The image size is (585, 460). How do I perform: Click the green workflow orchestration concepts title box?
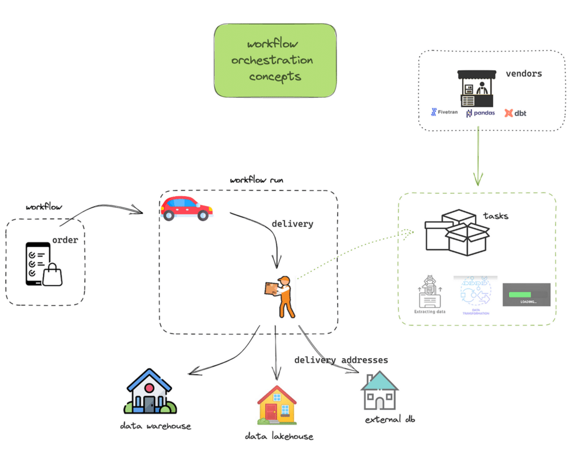tap(275, 60)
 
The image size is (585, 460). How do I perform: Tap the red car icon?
tap(186, 208)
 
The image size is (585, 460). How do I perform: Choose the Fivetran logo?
tap(444, 112)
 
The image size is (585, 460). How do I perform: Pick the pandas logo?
tap(480, 113)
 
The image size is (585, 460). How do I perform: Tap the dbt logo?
tap(515, 113)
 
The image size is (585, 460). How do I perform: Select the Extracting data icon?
tap(430, 295)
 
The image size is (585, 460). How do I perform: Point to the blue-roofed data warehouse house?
tap(150, 391)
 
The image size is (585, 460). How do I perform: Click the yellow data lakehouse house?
tap(277, 405)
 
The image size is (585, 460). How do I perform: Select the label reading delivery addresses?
tap(341, 360)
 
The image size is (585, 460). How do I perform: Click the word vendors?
tap(523, 74)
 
